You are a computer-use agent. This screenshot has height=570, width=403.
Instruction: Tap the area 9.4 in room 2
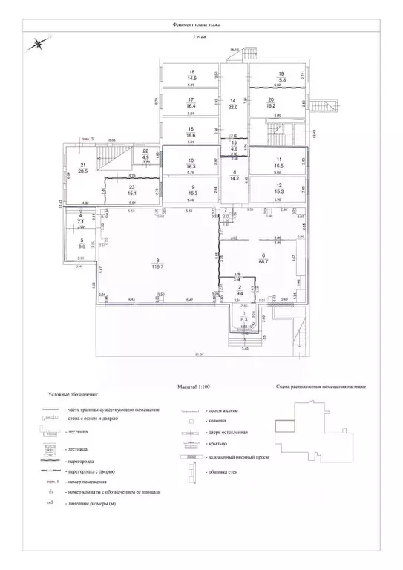tap(238, 292)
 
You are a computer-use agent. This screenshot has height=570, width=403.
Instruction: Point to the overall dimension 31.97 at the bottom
tap(199, 356)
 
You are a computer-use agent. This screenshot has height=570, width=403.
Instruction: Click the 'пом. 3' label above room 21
tap(87, 138)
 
